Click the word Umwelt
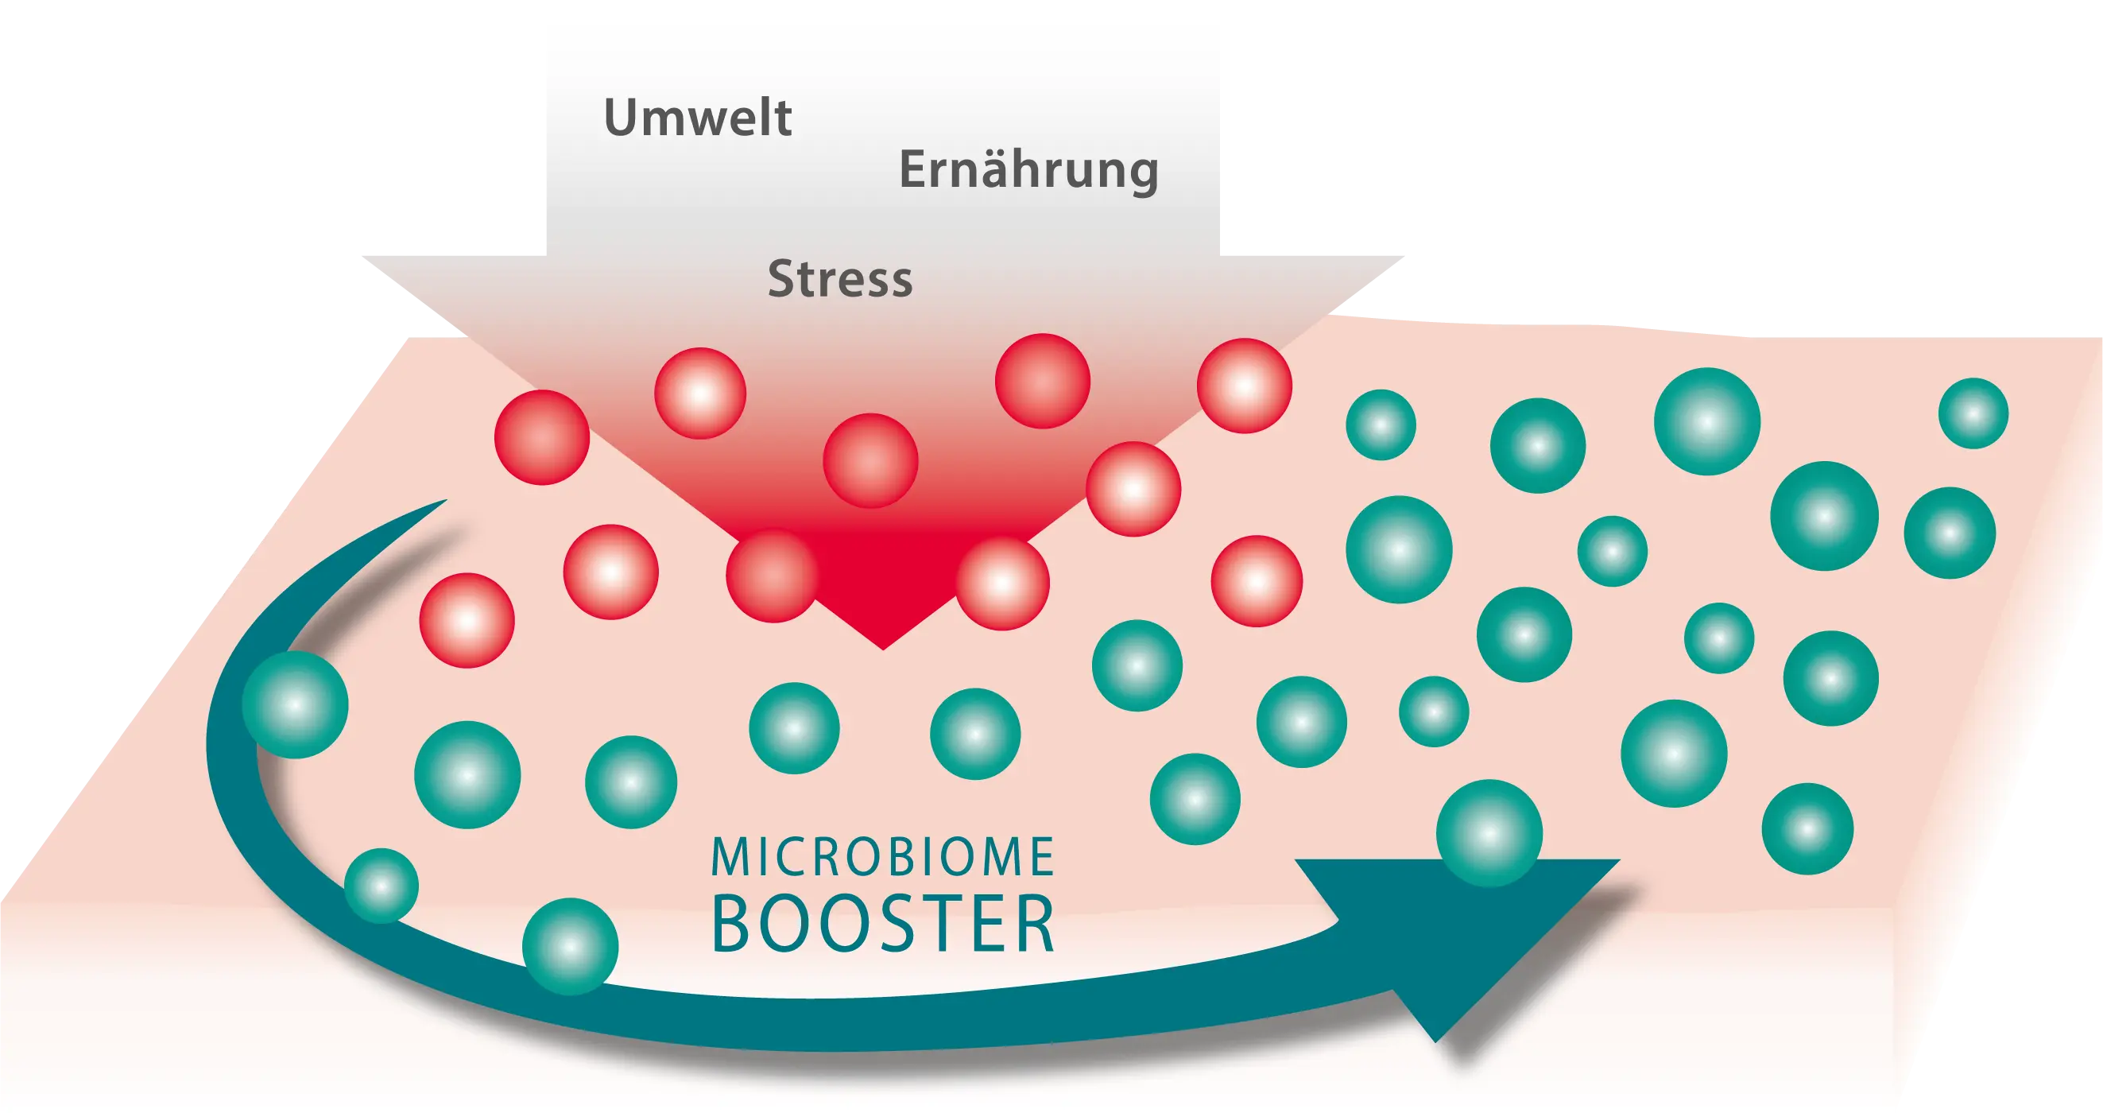[697, 119]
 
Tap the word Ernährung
[1028, 171]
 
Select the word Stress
[840, 279]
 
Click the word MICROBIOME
[883, 858]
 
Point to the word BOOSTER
[884, 925]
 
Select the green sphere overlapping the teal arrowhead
[1489, 833]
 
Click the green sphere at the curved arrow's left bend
[296, 704]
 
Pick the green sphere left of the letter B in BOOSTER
[570, 946]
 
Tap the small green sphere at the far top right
[1973, 413]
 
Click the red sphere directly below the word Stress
[870, 460]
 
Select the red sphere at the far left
[542, 437]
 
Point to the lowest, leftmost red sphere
[467, 621]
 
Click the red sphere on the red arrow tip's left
[773, 575]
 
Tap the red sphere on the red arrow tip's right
[1001, 583]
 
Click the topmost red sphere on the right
[1244, 386]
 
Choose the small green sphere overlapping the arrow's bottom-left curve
[381, 885]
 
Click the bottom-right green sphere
[1807, 829]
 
